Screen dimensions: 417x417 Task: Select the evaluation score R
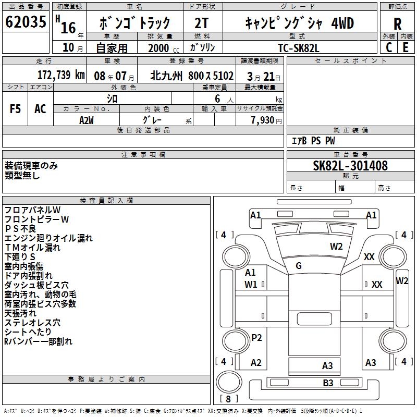click(397, 23)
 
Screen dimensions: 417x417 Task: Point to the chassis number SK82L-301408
click(350, 166)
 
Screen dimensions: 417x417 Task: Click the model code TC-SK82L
click(299, 47)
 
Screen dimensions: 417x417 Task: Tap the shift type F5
click(16, 109)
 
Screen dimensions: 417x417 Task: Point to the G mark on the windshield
click(299, 266)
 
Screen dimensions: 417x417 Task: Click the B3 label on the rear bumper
click(327, 383)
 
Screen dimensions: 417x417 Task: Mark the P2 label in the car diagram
click(256, 338)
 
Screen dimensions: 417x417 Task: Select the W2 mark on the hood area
click(336, 247)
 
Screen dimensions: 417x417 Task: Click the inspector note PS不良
click(20, 229)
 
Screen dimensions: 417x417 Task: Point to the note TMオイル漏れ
click(32, 248)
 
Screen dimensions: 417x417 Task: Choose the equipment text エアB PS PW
click(313, 141)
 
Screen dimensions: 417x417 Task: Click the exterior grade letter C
click(388, 47)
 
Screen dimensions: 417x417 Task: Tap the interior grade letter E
click(406, 47)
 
